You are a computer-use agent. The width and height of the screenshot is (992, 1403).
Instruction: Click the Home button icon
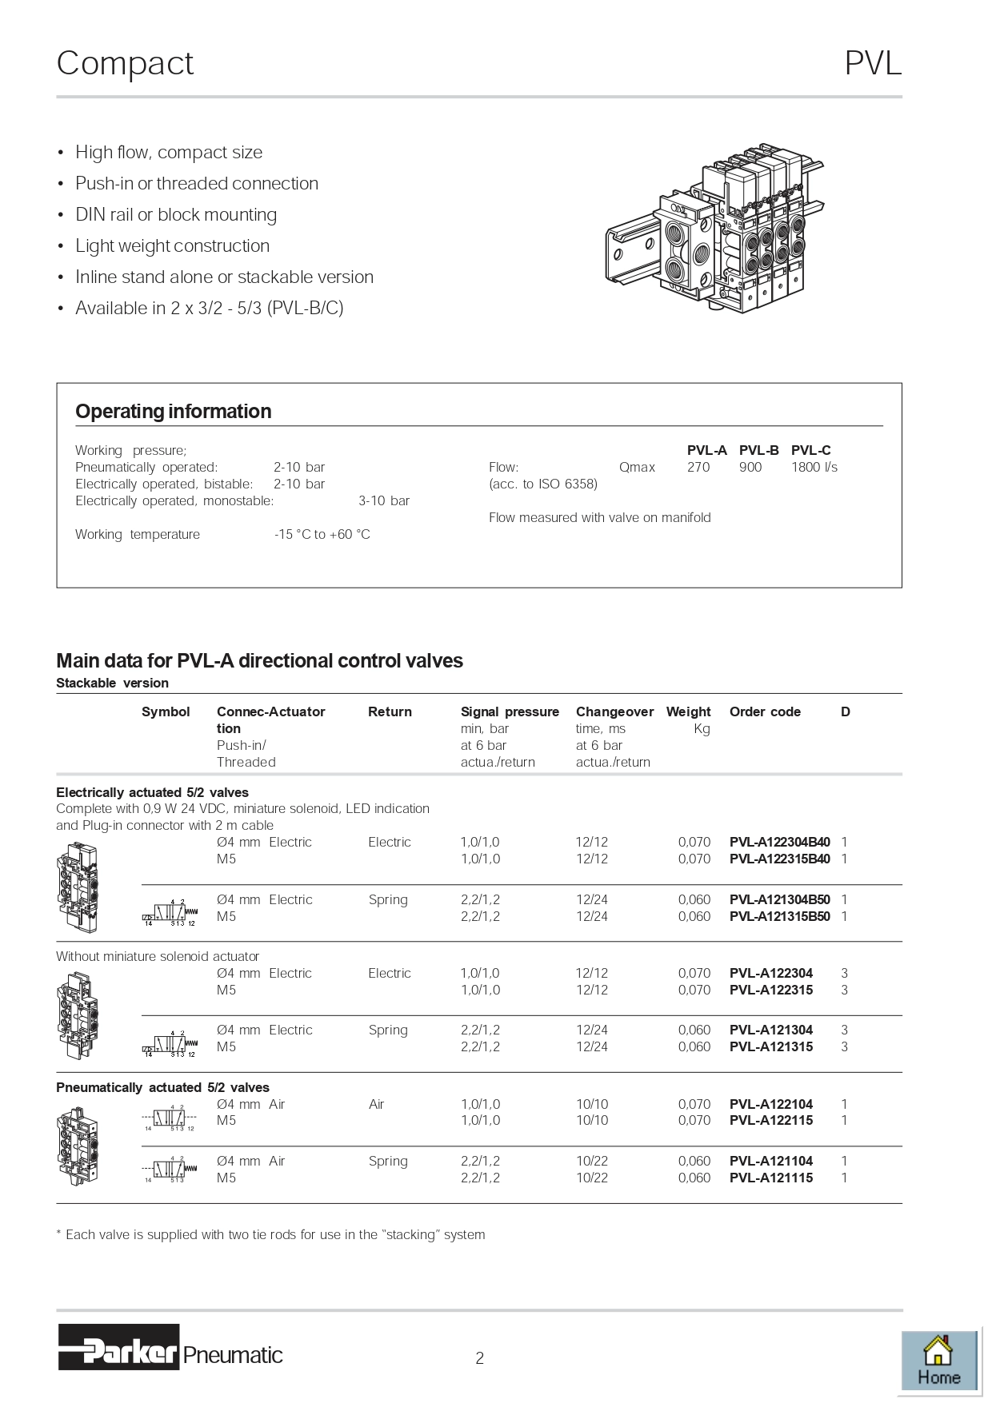(x=938, y=1361)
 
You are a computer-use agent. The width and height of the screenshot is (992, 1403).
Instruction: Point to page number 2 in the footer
(x=479, y=1357)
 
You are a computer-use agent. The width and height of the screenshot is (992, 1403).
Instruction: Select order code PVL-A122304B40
(x=779, y=842)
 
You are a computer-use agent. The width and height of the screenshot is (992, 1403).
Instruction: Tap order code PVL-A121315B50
(x=779, y=916)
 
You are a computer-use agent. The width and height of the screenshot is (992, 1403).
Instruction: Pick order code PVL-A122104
(x=770, y=1104)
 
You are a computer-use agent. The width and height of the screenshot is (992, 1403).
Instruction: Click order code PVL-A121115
(x=770, y=1178)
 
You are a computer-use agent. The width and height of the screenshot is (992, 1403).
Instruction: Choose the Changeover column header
(x=614, y=711)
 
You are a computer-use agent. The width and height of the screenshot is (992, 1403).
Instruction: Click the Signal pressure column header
(x=510, y=711)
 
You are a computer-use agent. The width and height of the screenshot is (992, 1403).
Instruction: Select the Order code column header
(x=765, y=711)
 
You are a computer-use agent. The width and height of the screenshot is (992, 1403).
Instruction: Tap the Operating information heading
(x=174, y=412)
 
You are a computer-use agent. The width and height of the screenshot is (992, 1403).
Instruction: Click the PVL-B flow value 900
(x=750, y=467)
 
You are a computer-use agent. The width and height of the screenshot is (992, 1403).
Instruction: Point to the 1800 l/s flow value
(x=814, y=467)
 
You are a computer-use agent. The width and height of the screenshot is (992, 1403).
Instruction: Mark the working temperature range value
(x=322, y=534)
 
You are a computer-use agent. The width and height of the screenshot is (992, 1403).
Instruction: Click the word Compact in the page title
(x=126, y=63)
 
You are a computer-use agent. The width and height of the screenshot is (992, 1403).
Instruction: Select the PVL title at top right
(x=873, y=63)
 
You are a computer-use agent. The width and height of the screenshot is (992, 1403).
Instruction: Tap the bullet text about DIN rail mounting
(x=176, y=214)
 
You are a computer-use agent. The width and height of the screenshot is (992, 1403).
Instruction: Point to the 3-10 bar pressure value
(x=384, y=500)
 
